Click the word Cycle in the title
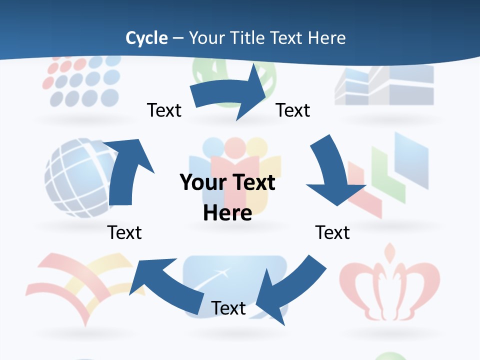146,38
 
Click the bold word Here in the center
227,212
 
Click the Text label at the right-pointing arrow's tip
293,110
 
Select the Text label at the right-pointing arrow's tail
164,110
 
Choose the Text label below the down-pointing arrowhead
332,232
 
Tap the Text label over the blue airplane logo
228,308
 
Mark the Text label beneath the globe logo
124,232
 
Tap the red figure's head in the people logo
233,148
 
